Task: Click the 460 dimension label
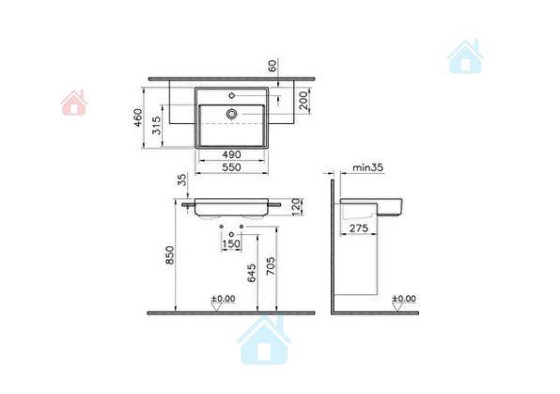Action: point(137,118)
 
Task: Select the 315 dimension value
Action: point(156,125)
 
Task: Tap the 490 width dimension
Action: point(231,155)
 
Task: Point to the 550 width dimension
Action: point(231,167)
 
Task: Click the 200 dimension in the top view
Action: point(303,101)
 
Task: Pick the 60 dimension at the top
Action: point(272,66)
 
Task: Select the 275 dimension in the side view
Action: point(358,229)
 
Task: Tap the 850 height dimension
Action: point(170,255)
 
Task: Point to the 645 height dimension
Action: point(252,273)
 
